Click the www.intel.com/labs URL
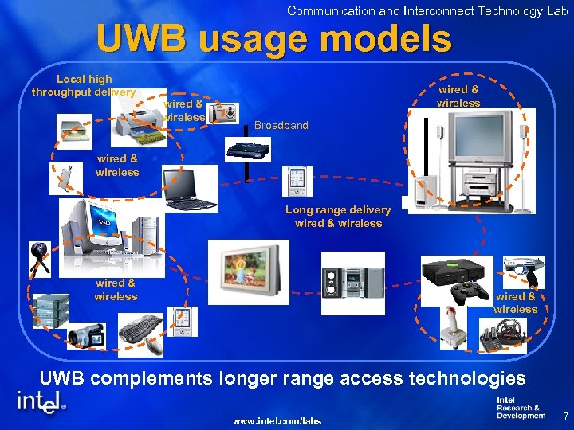coord(277,420)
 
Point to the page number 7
coord(564,416)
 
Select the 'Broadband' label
coord(281,125)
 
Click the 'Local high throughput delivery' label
coord(84,85)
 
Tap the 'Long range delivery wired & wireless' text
coord(338,217)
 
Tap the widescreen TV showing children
coord(244,268)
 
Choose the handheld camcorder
coord(85,335)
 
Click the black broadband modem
coord(249,149)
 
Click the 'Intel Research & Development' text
coord(520,408)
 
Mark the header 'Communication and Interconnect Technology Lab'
coord(427,10)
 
